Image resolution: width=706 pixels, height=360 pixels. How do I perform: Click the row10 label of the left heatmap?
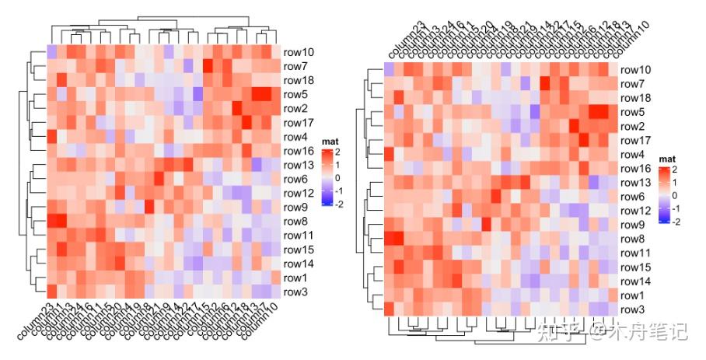click(299, 52)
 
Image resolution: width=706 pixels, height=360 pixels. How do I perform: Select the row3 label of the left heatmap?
click(296, 292)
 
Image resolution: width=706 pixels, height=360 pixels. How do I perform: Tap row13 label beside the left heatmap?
click(299, 166)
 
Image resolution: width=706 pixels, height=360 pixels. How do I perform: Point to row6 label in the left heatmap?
click(296, 180)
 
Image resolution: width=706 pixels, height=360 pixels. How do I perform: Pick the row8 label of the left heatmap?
click(296, 222)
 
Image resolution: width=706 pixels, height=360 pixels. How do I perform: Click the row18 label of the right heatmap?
click(635, 98)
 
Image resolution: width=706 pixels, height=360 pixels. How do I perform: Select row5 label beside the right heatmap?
click(633, 112)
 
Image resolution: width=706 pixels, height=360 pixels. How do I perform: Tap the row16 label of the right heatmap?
click(635, 169)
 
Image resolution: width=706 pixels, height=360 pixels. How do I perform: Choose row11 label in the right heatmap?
click(635, 253)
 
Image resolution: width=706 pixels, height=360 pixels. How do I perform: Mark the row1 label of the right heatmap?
click(633, 295)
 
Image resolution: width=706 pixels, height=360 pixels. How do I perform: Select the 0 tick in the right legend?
click(674, 195)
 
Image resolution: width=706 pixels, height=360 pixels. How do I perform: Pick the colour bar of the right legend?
click(662, 194)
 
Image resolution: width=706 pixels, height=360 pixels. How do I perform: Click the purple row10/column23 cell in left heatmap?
click(51, 52)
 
